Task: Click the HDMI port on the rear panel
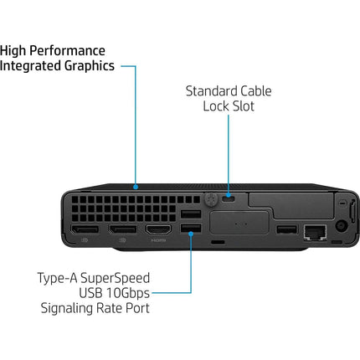(x=158, y=230)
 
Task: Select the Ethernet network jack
(x=315, y=232)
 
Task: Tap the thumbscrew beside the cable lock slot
(x=211, y=199)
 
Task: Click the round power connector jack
(x=341, y=225)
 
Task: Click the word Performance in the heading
(x=67, y=51)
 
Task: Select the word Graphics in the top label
(x=90, y=66)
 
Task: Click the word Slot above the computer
(x=244, y=106)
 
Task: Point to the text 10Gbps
(x=128, y=294)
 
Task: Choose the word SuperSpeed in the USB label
(x=115, y=279)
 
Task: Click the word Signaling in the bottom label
(x=67, y=309)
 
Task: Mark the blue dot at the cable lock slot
(x=229, y=195)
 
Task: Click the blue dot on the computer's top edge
(x=136, y=187)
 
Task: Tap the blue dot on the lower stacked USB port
(x=191, y=234)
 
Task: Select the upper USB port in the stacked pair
(x=191, y=214)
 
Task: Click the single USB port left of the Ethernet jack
(x=286, y=229)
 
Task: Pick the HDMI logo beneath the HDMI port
(x=158, y=240)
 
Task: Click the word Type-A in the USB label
(x=57, y=279)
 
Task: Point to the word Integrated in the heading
(x=31, y=66)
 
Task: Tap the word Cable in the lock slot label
(x=256, y=91)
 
